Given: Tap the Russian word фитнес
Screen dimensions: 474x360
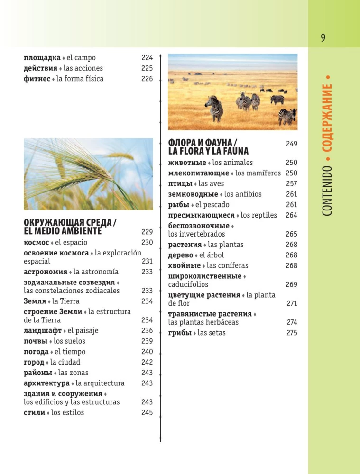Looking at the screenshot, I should tap(37, 79).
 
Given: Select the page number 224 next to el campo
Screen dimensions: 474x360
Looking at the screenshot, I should tap(147, 58).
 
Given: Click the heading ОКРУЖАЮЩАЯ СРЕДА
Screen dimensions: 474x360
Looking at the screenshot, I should tap(70, 223).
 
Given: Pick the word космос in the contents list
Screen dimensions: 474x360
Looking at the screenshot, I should tap(36, 242).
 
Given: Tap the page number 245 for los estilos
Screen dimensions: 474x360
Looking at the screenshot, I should tap(147, 412).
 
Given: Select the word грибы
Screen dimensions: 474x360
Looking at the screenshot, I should tap(179, 333).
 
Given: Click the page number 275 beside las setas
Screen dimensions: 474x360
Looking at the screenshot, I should tap(291, 333).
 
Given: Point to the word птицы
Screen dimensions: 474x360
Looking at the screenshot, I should tap(180, 183).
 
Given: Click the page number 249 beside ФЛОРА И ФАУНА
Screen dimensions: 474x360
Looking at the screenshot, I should tap(291, 143).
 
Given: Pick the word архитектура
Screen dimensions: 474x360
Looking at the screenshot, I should tap(46, 383).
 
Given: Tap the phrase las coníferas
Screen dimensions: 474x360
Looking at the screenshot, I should tap(227, 265).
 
